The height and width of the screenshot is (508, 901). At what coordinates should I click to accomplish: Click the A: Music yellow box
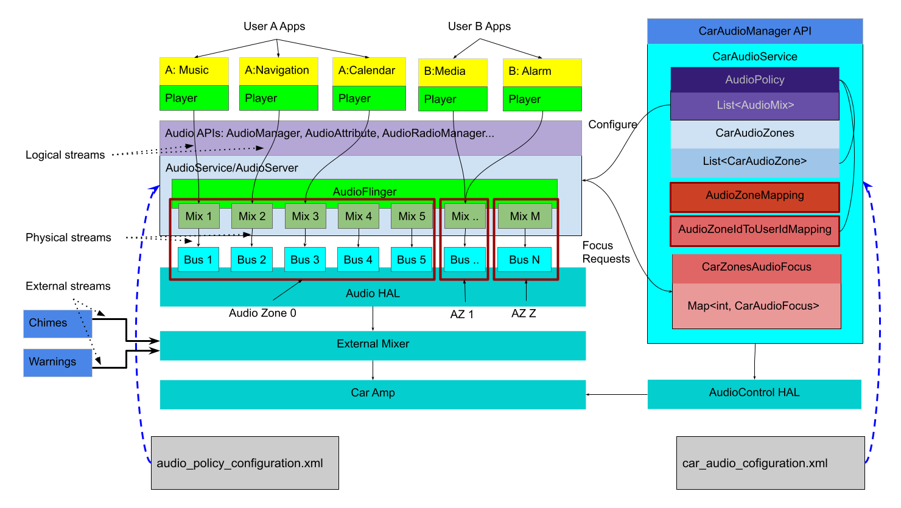point(194,71)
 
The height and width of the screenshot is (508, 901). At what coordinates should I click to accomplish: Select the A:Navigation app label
point(278,71)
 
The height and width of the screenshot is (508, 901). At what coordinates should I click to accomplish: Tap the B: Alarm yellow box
point(542,72)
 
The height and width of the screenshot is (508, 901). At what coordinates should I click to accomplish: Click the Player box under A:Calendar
point(368,99)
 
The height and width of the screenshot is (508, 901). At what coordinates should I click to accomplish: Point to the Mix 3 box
point(305,216)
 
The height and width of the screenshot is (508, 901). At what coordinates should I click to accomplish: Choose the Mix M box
point(525,216)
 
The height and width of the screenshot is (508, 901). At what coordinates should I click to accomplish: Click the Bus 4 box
point(358,260)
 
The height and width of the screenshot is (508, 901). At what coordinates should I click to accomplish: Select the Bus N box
point(524,260)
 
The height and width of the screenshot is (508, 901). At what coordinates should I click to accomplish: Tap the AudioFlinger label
point(364,192)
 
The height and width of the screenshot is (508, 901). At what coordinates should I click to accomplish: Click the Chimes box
point(57,324)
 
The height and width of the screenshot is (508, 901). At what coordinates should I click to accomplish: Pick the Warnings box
point(57,363)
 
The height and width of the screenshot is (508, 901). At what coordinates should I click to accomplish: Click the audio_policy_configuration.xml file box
point(244,463)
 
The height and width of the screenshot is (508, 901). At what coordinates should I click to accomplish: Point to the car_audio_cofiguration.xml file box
point(770,463)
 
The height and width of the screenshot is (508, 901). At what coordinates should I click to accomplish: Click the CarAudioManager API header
point(754,31)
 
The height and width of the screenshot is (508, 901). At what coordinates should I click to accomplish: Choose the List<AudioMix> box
point(754,106)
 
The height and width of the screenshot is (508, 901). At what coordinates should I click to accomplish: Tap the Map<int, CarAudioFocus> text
point(753,306)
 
